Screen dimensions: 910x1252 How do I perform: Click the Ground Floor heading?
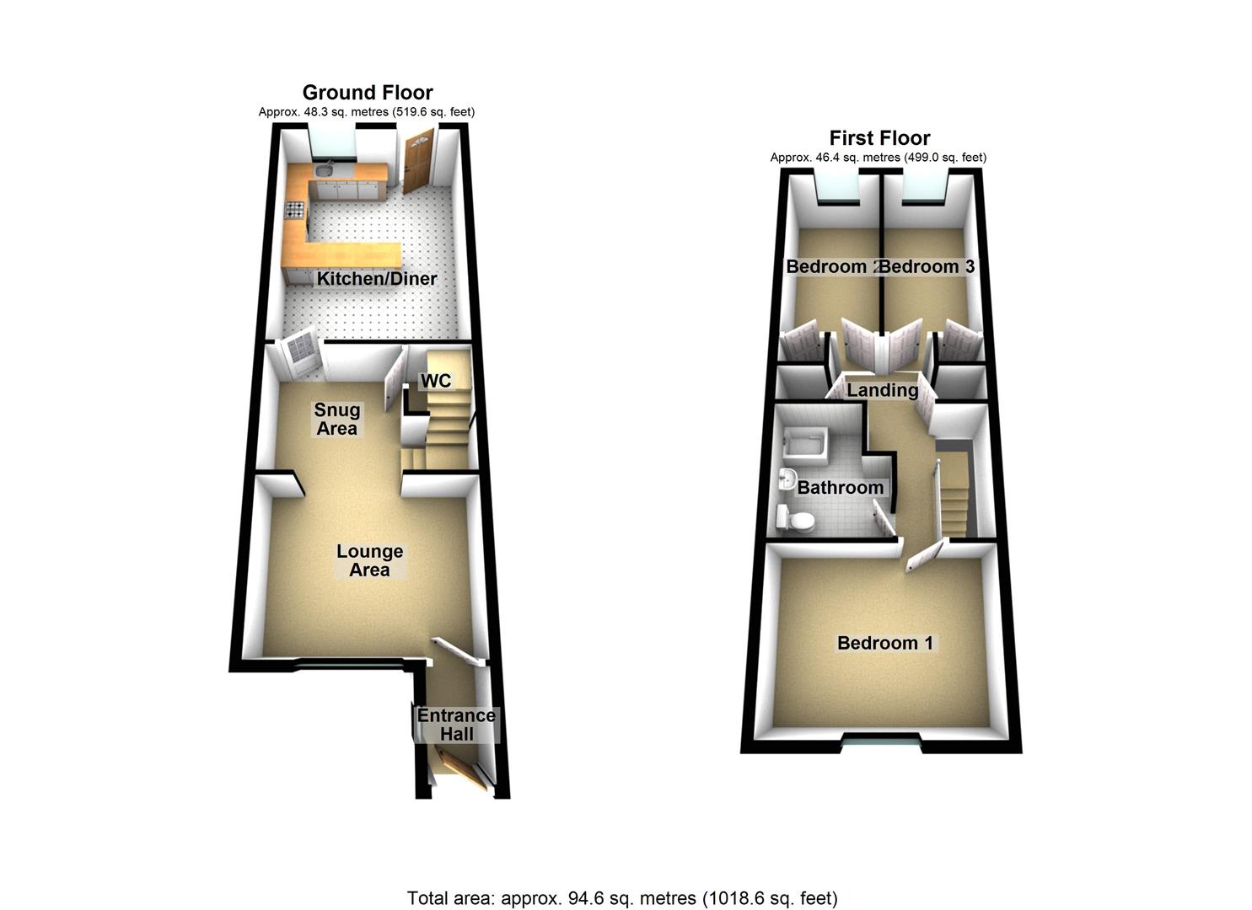click(x=368, y=93)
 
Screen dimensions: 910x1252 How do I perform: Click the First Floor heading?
click(x=879, y=138)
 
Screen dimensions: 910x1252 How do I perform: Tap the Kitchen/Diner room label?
click(x=376, y=279)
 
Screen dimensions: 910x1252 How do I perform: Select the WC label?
click(x=436, y=381)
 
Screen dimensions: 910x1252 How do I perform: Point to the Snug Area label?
click(x=336, y=419)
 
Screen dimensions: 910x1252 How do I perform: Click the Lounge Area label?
click(x=369, y=560)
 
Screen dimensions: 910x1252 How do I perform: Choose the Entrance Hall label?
click(x=457, y=725)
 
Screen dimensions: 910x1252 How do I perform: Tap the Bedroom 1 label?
click(x=884, y=643)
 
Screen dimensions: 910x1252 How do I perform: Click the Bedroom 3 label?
click(x=928, y=266)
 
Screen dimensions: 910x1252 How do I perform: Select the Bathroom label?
click(x=840, y=487)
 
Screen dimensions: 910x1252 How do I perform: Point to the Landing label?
click(x=882, y=390)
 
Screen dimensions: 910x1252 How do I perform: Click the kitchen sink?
click(x=325, y=171)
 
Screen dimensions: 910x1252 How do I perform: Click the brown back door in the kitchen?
click(x=416, y=163)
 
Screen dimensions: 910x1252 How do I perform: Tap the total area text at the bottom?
click(x=622, y=898)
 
